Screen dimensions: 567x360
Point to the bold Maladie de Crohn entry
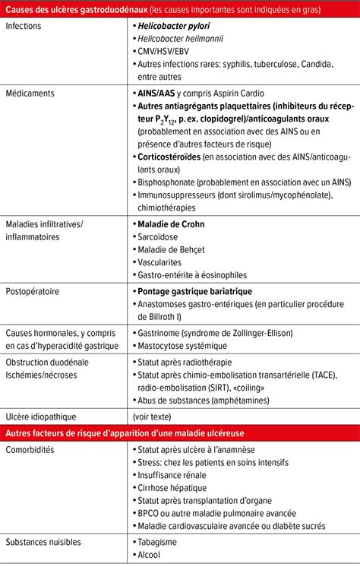point(171,224)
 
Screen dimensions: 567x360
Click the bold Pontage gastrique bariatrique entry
point(194,291)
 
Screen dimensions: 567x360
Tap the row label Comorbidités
point(30,450)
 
